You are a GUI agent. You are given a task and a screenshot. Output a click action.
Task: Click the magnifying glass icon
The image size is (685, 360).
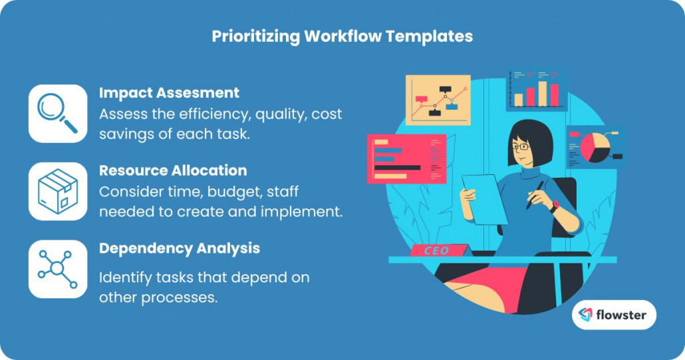57,113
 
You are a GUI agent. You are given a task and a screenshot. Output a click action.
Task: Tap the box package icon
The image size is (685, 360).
57,191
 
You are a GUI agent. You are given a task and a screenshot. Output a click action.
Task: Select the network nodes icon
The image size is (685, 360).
57,269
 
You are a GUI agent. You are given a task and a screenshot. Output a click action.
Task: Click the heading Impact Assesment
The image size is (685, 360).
169,92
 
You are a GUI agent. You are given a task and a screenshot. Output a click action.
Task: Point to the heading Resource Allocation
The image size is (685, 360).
173,170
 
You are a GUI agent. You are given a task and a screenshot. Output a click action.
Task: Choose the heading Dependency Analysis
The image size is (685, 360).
180,248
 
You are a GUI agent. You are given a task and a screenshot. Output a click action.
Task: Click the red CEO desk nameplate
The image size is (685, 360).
436,251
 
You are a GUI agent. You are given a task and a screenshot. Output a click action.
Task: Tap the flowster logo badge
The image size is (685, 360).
613,315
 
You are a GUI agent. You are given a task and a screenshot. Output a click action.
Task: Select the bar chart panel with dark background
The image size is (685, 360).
537,90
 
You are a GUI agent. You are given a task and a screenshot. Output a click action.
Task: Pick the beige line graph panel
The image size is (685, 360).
438,100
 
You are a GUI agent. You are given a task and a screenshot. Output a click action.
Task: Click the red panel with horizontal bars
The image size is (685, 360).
406,158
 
